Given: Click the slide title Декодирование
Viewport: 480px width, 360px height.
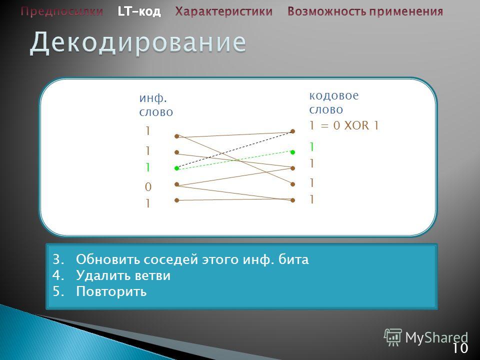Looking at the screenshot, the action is (138, 42).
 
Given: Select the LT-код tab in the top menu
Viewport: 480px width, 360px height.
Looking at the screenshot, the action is (139, 11).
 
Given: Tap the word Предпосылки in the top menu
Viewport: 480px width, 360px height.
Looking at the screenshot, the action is (62, 11).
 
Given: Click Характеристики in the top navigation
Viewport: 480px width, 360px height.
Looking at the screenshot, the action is (224, 11).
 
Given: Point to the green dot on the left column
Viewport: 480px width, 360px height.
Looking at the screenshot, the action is (176, 168).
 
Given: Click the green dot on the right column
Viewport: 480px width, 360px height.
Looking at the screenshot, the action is (292, 152).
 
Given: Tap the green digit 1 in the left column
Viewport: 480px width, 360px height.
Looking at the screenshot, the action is (148, 167).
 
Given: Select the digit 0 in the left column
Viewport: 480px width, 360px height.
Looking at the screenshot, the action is (148, 186).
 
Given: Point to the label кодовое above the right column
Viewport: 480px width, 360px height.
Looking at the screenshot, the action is (333, 95).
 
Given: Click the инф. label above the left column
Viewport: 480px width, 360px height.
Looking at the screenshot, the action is (153, 98).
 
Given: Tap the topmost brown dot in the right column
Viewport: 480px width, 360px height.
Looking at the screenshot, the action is (292, 131).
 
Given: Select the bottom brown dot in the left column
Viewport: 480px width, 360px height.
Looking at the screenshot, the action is (176, 200).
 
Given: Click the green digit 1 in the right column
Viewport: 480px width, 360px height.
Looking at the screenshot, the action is (311, 147).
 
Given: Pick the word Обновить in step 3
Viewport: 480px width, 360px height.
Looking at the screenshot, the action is (108, 259).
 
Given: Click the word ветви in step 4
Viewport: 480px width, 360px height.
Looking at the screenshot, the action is (153, 275).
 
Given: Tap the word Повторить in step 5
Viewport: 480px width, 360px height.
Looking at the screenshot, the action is (111, 291).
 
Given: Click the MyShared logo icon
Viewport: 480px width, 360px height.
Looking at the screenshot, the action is (393, 337).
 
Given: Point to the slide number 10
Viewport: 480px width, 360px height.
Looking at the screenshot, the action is (460, 348).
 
